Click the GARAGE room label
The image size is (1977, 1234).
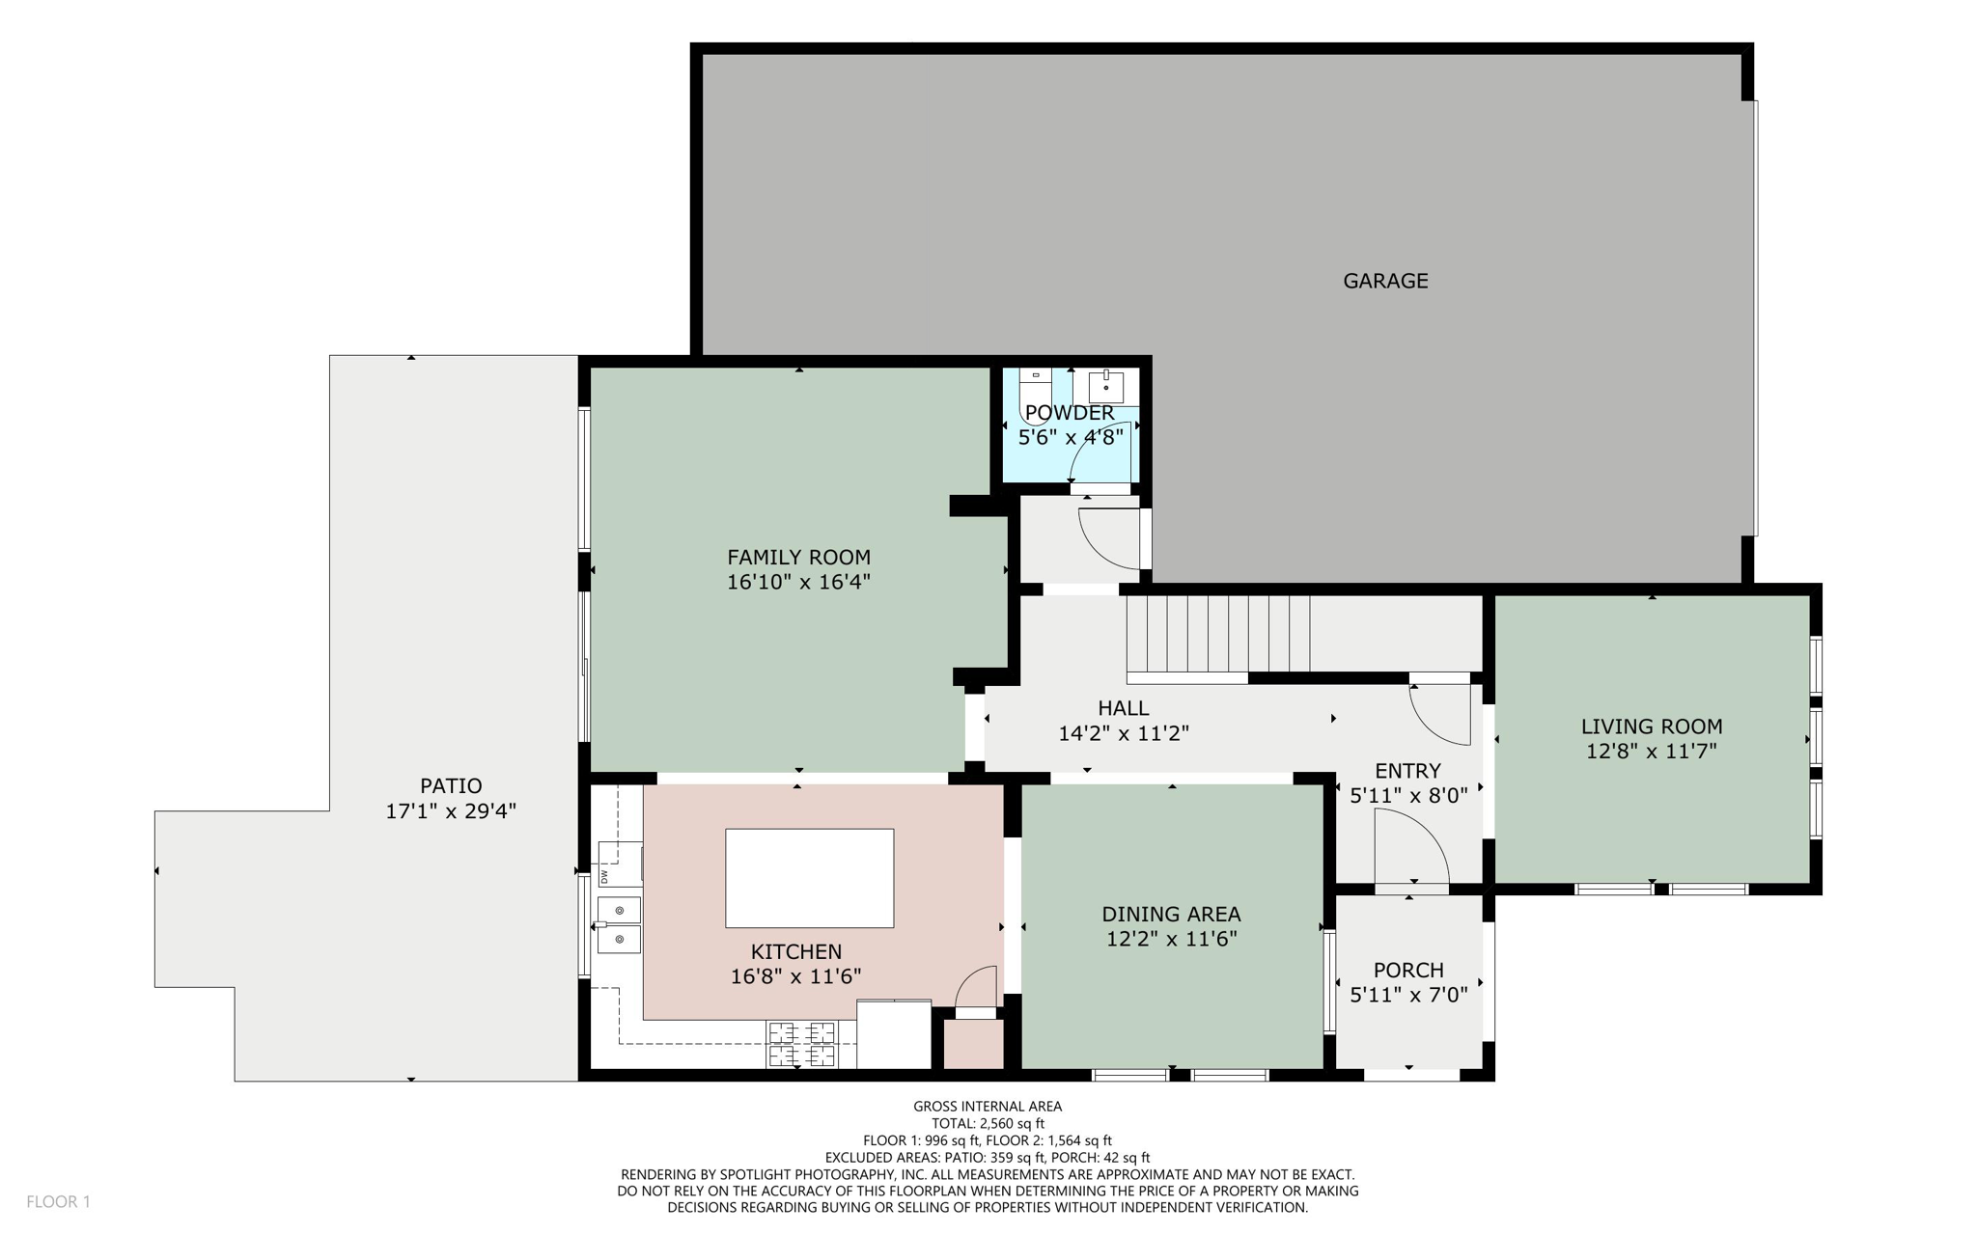click(x=1385, y=281)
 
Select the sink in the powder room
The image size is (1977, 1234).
click(x=1106, y=386)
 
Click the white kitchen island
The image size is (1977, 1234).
click(x=809, y=878)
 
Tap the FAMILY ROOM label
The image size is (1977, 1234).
click(x=798, y=557)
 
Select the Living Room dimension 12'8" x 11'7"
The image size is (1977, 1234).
click(x=1652, y=751)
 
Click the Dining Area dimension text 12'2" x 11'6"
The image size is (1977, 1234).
click(x=1172, y=939)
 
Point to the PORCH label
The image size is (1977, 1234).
click(x=1408, y=970)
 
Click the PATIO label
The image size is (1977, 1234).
click(x=451, y=785)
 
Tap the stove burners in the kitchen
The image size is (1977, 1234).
click(x=801, y=1044)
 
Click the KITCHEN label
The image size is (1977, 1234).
click(x=796, y=951)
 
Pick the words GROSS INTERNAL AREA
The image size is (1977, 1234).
click(x=988, y=1107)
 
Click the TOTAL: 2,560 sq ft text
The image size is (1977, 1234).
click(x=988, y=1123)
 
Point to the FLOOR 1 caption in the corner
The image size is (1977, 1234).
click(x=58, y=1201)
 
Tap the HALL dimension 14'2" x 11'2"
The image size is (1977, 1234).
click(x=1124, y=733)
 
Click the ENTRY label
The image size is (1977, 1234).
click(x=1407, y=771)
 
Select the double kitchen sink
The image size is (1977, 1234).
click(x=619, y=924)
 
